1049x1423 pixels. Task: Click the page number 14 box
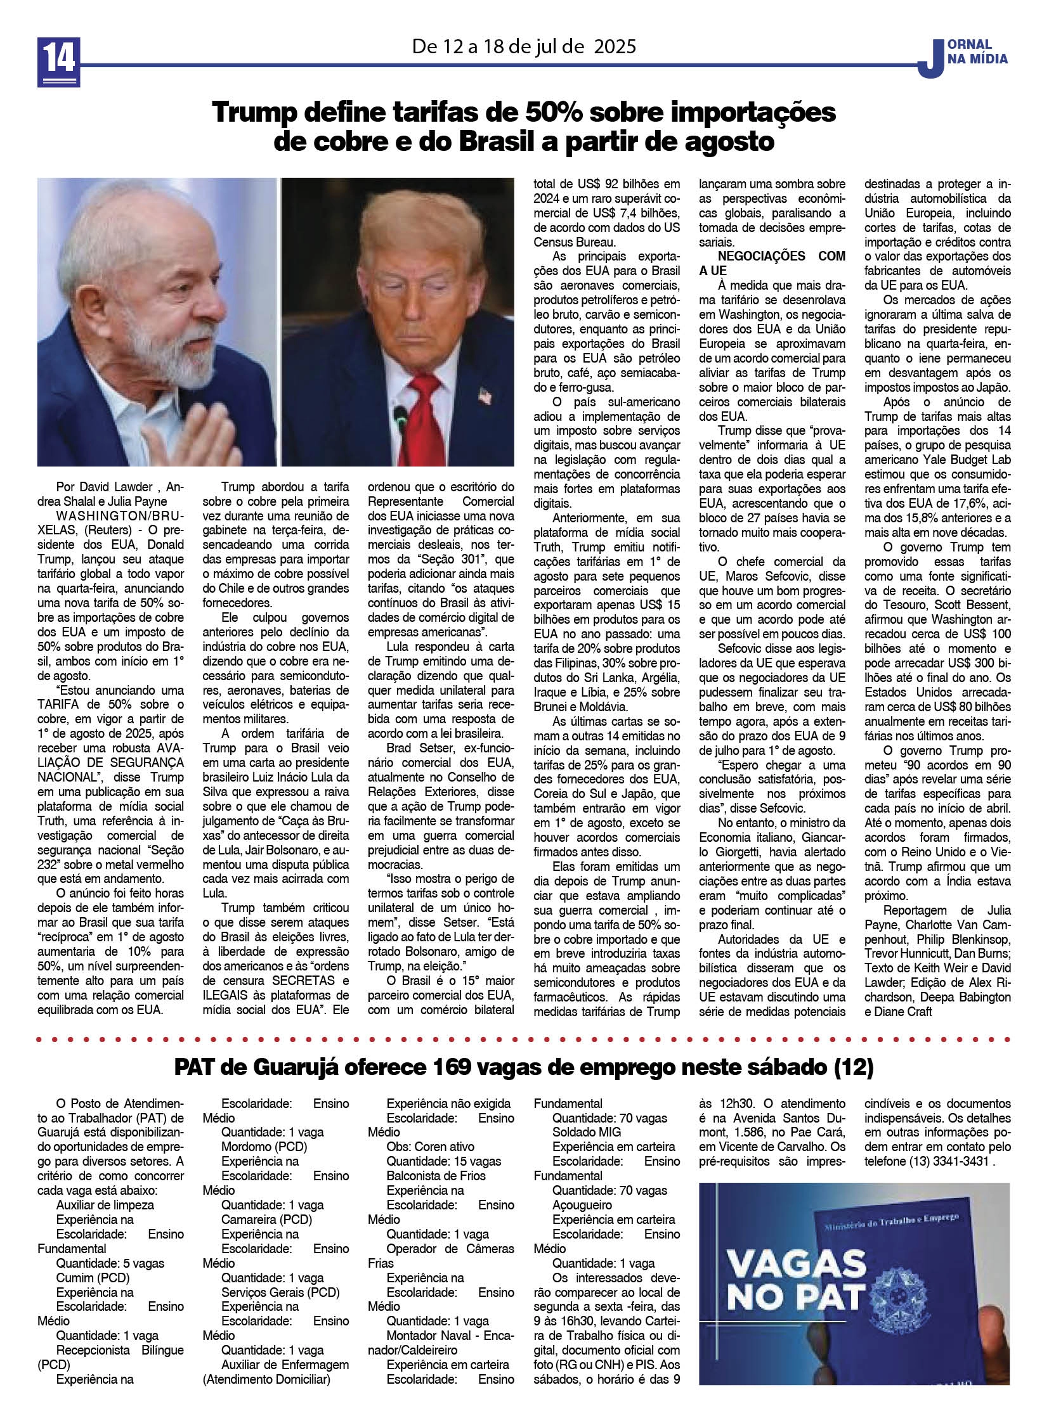59,61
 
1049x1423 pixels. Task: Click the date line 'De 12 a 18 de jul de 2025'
524,46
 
